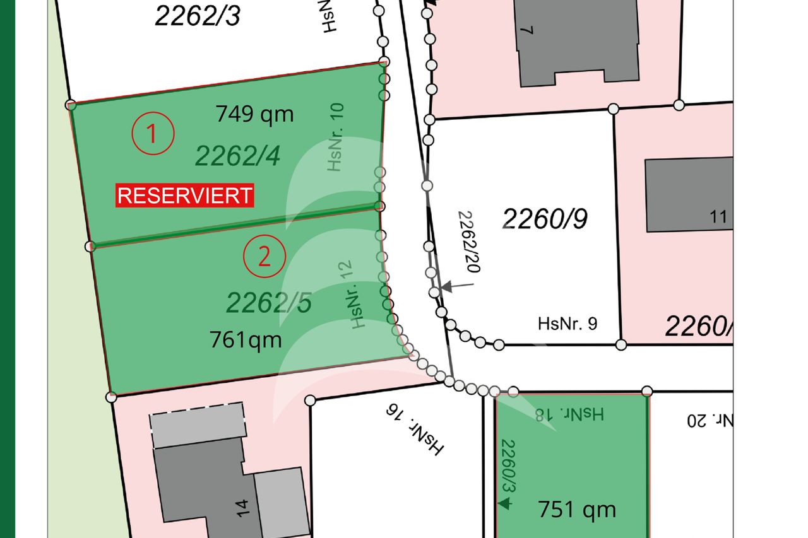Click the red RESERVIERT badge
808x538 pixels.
point(184,196)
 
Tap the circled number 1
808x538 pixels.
point(152,134)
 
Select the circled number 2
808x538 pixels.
point(264,256)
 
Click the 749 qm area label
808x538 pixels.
point(254,114)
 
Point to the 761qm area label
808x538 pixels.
point(246,340)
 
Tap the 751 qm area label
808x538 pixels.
point(576,509)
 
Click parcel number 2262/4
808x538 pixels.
point(237,155)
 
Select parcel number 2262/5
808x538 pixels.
point(269,303)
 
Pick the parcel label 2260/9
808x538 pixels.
point(545,218)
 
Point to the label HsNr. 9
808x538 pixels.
point(567,324)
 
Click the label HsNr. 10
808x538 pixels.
point(336,136)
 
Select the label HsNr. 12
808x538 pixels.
point(357,295)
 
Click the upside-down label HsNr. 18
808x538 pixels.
point(570,414)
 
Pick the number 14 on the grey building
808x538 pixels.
point(246,506)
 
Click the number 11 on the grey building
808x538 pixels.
point(718,218)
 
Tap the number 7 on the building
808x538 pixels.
point(530,30)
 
